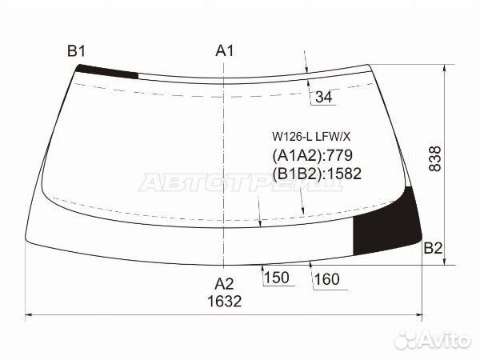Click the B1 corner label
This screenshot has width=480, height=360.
[x=76, y=50]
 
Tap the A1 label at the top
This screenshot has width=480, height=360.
[x=224, y=50]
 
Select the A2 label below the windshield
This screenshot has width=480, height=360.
[x=224, y=284]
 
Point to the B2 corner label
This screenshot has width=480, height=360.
[x=433, y=248]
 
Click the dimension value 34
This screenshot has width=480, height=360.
[x=323, y=97]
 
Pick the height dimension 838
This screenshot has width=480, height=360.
[x=434, y=158]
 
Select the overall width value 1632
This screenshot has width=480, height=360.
[x=224, y=302]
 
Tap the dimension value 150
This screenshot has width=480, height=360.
[x=277, y=278]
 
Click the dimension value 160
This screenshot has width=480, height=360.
[x=327, y=279]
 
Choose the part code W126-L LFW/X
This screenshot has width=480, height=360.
[x=311, y=137]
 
